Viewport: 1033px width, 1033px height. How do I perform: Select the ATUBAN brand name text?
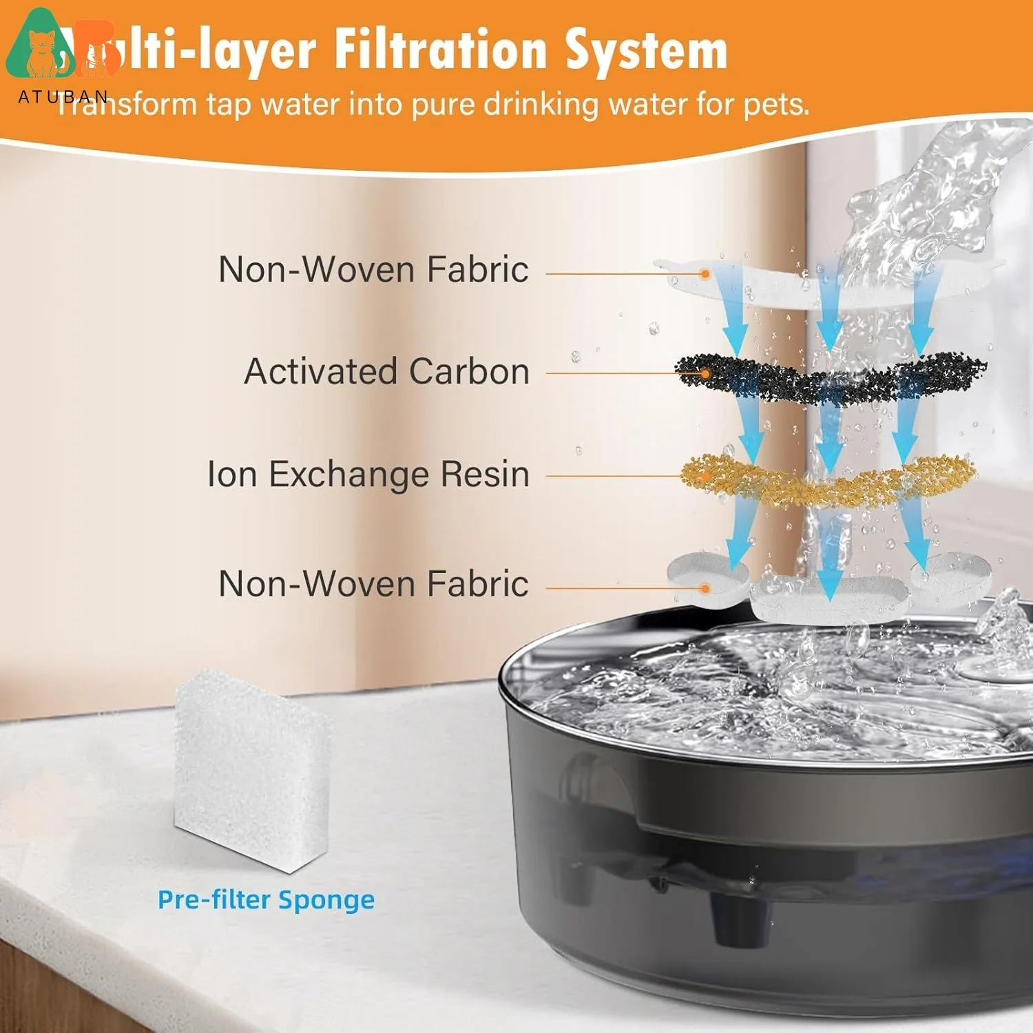pyautogui.click(x=63, y=96)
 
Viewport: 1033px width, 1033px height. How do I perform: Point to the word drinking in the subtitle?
pyautogui.click(x=541, y=105)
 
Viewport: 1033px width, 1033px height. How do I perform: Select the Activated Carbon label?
pyautogui.click(x=387, y=372)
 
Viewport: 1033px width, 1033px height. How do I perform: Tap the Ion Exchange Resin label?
pyautogui.click(x=368, y=474)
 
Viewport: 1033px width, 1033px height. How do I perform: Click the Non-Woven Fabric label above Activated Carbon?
pyautogui.click(x=373, y=269)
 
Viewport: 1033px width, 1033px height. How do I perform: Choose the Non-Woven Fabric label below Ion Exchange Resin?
pyautogui.click(x=373, y=584)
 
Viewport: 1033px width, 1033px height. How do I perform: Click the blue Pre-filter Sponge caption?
pyautogui.click(x=266, y=899)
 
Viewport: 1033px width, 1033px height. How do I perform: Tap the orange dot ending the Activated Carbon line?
pyautogui.click(x=705, y=374)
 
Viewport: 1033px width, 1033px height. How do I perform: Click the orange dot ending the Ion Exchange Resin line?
pyautogui.click(x=705, y=476)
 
